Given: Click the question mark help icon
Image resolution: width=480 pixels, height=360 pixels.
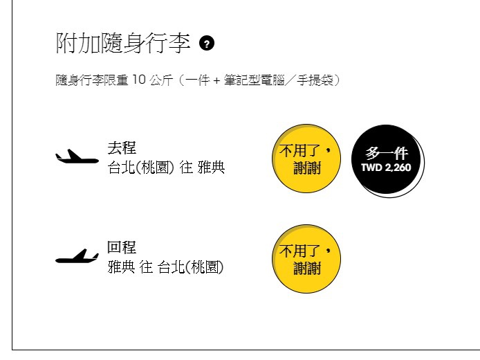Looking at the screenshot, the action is pos(207,44).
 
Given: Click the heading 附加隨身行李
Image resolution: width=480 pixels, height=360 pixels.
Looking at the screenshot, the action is pos(123,43).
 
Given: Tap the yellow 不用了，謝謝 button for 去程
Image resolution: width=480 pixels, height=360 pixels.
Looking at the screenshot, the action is pos(306,159).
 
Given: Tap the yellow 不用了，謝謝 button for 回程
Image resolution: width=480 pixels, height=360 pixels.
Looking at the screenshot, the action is pos(306,259).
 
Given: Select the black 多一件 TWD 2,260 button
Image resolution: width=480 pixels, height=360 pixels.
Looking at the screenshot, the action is pos(387,160).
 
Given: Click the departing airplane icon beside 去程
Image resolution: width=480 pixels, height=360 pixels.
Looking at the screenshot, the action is pos(77,156).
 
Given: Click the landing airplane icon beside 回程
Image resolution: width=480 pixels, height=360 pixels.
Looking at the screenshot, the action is pos(77,256).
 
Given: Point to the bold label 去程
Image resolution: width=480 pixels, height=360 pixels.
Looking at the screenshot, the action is pos(122,148).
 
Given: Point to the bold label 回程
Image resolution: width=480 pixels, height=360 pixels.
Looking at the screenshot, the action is pos(122,247).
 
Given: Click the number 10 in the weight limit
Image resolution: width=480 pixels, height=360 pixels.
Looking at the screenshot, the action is pos(138,80).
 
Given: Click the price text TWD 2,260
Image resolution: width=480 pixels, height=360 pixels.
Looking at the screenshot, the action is pos(386,168).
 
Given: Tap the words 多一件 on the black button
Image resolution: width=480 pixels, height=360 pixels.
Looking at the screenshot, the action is pos(387,153).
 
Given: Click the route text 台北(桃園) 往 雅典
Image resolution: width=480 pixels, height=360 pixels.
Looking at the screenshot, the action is pos(166,168).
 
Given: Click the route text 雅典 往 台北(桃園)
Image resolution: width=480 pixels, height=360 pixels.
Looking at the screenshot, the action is pos(165,267).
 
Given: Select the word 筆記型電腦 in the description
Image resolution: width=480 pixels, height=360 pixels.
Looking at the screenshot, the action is pos(254,80).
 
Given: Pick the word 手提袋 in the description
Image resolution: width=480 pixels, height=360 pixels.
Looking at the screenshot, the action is pos(315,80).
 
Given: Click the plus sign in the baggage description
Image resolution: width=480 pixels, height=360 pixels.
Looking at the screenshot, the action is pos(216,80).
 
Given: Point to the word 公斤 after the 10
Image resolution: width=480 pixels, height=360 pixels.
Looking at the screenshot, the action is pos(161,80).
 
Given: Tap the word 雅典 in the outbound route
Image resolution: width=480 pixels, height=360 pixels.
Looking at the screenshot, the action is pos(212,168).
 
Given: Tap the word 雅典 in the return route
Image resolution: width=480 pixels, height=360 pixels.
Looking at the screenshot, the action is pos(121,267).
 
